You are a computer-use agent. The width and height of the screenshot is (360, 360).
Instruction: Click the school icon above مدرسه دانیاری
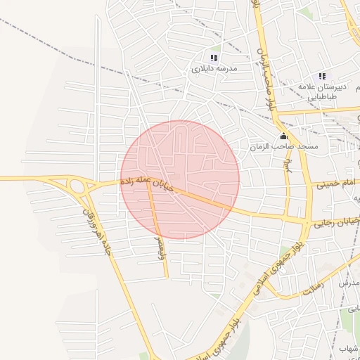tap(214, 58)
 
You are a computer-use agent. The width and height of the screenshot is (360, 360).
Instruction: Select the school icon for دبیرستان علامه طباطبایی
tap(322, 76)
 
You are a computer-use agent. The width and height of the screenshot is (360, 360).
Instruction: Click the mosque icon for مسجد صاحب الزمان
tap(283, 136)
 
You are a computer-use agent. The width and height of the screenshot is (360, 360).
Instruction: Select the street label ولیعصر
tap(161, 246)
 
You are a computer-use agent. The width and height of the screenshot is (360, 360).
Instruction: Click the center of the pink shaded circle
tap(180, 180)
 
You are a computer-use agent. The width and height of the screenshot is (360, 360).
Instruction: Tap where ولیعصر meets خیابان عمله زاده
tap(148, 185)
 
